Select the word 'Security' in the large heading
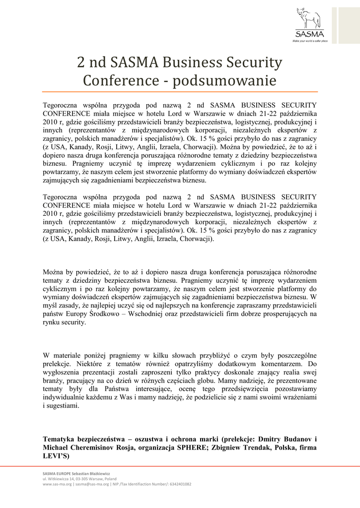tap(255, 63)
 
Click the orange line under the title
tap(180, 92)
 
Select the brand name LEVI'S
tap(55, 456)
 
